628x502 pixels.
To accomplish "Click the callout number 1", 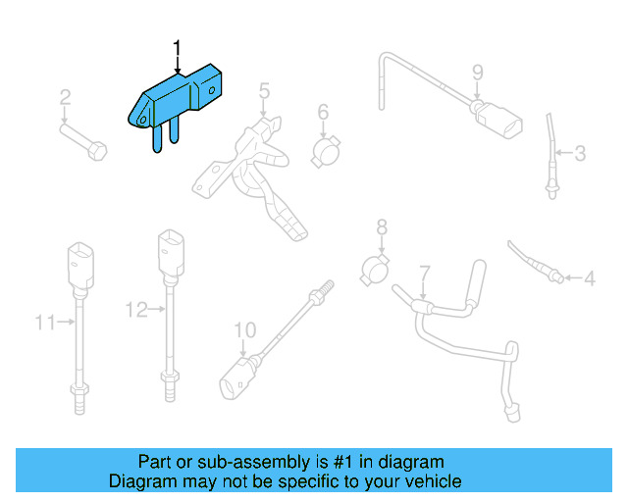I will tap(178, 47).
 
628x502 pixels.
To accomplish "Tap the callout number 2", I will tap(65, 97).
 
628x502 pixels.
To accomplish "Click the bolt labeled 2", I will tap(82, 140).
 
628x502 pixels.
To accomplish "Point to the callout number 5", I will tap(264, 91).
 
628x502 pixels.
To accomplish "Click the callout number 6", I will tap(322, 113).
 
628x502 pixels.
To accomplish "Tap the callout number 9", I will tap(478, 72).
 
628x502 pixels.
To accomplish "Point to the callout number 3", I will tap(580, 154).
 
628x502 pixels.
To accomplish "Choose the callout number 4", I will tap(589, 279).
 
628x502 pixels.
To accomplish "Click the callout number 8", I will tap(382, 227).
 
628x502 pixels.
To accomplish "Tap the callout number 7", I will tap(424, 272).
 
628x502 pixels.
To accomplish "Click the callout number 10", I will tap(244, 328).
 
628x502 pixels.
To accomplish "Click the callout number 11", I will tap(44, 321).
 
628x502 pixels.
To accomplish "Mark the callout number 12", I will tap(135, 310).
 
